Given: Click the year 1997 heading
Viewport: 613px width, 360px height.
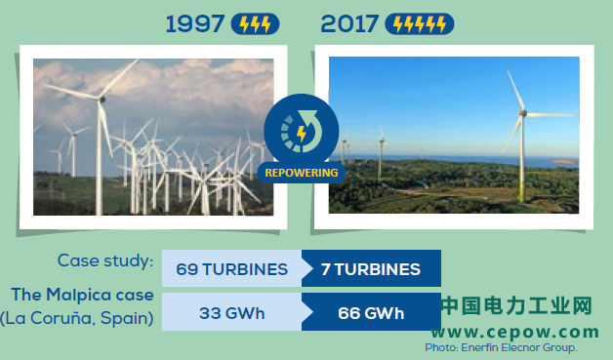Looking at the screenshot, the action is click(x=195, y=23).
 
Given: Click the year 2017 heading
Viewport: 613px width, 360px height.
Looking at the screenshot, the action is click(x=349, y=23).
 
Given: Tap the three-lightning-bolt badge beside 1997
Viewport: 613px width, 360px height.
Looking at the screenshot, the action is click(x=256, y=23).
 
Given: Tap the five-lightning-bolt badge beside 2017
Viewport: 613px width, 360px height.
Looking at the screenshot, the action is click(x=420, y=23).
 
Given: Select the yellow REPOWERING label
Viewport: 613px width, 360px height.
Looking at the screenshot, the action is click(x=302, y=173).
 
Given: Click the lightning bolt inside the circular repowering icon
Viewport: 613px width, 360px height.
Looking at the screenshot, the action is click(x=302, y=134).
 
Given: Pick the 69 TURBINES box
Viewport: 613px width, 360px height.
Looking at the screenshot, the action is click(x=232, y=269).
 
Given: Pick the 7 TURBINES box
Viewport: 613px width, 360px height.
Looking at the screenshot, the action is click(x=371, y=269).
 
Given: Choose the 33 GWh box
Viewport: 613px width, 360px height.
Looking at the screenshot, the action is click(x=232, y=313).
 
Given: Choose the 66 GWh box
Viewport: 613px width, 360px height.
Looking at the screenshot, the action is click(x=371, y=313).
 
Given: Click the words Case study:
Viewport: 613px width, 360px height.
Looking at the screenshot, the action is click(x=105, y=260).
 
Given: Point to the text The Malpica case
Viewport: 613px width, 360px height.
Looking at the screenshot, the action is click(x=83, y=295).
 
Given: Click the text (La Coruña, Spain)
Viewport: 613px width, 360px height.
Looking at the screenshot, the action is click(x=76, y=318).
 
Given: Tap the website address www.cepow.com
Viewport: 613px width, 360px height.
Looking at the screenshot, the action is click(x=515, y=333).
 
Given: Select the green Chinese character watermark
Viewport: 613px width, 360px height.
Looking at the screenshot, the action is click(x=516, y=305).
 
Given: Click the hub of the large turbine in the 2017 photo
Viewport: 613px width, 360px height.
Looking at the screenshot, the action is click(x=522, y=113).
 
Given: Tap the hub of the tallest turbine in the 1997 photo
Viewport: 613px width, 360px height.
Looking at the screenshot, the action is click(x=102, y=100).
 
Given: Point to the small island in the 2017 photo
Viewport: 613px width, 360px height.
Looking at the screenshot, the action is click(x=564, y=161).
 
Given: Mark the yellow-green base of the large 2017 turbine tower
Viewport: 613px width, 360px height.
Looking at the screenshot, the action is click(x=520, y=189).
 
